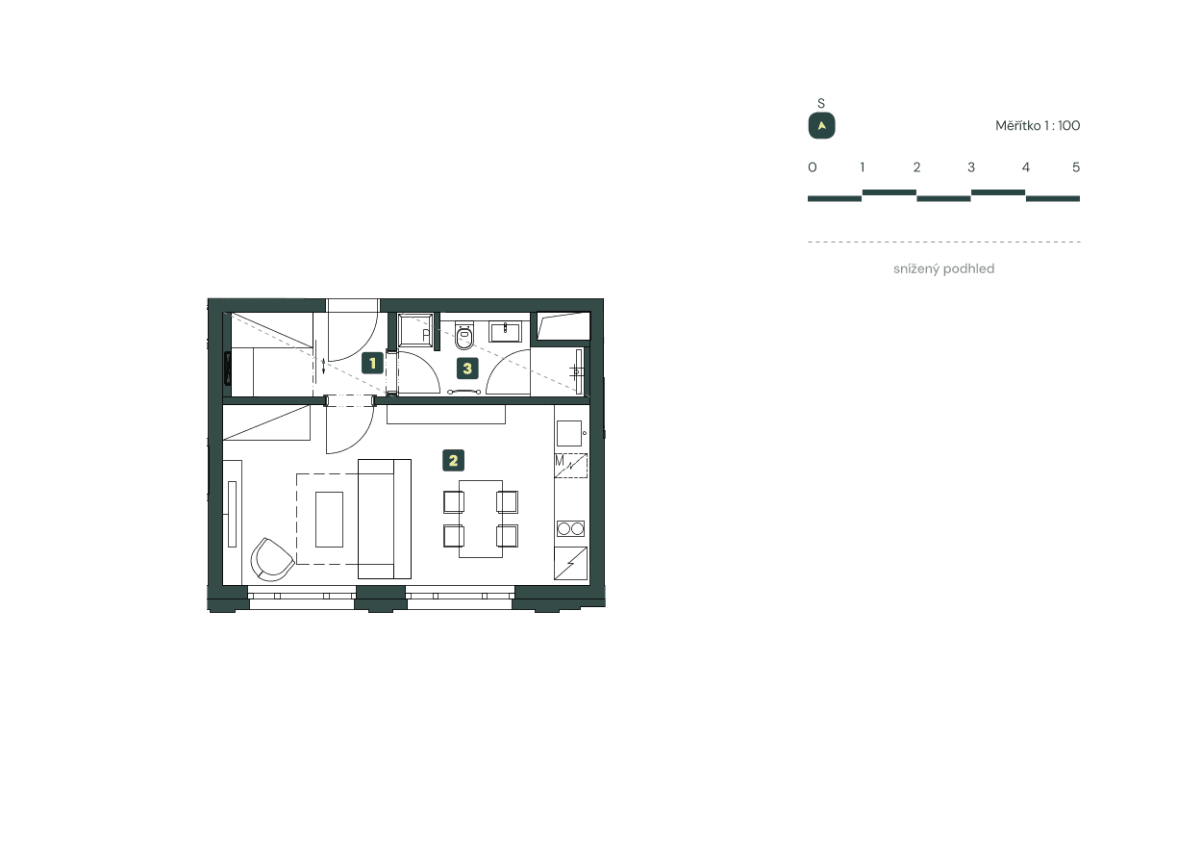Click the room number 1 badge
(x=372, y=364)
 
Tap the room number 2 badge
(x=453, y=460)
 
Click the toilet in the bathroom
(x=464, y=337)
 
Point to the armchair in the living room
(x=271, y=559)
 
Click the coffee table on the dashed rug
(x=329, y=520)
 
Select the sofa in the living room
(x=384, y=519)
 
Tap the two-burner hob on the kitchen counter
(x=570, y=528)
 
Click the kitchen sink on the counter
(x=570, y=433)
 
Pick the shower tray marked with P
(x=416, y=331)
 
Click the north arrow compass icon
(x=821, y=126)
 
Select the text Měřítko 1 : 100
(x=1038, y=126)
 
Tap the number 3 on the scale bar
(x=971, y=167)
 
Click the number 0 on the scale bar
(x=813, y=167)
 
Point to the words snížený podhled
(x=943, y=269)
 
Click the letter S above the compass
(x=821, y=103)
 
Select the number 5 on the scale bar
(x=1076, y=167)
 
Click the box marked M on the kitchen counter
(x=570, y=466)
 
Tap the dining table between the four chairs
(x=481, y=519)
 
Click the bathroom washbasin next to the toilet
(x=505, y=332)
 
